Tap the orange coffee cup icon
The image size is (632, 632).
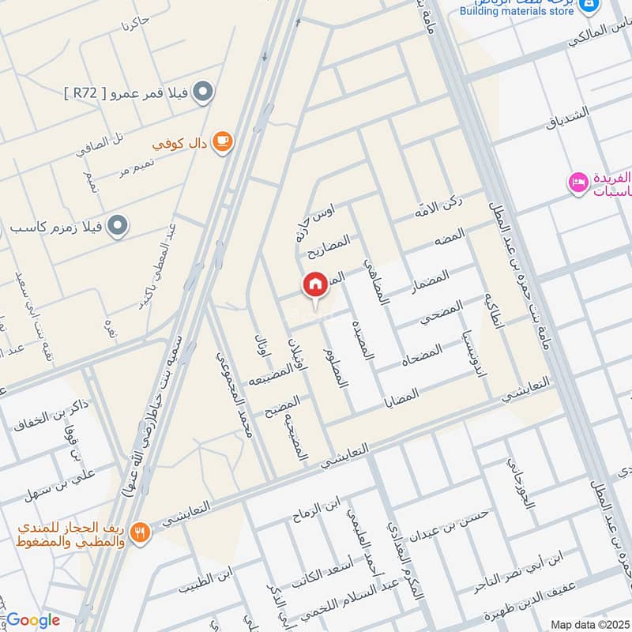pyautogui.click(x=224, y=141)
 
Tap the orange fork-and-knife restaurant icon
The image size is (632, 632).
pyautogui.click(x=141, y=532)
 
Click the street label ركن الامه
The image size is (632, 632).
pyautogui.click(x=438, y=205)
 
